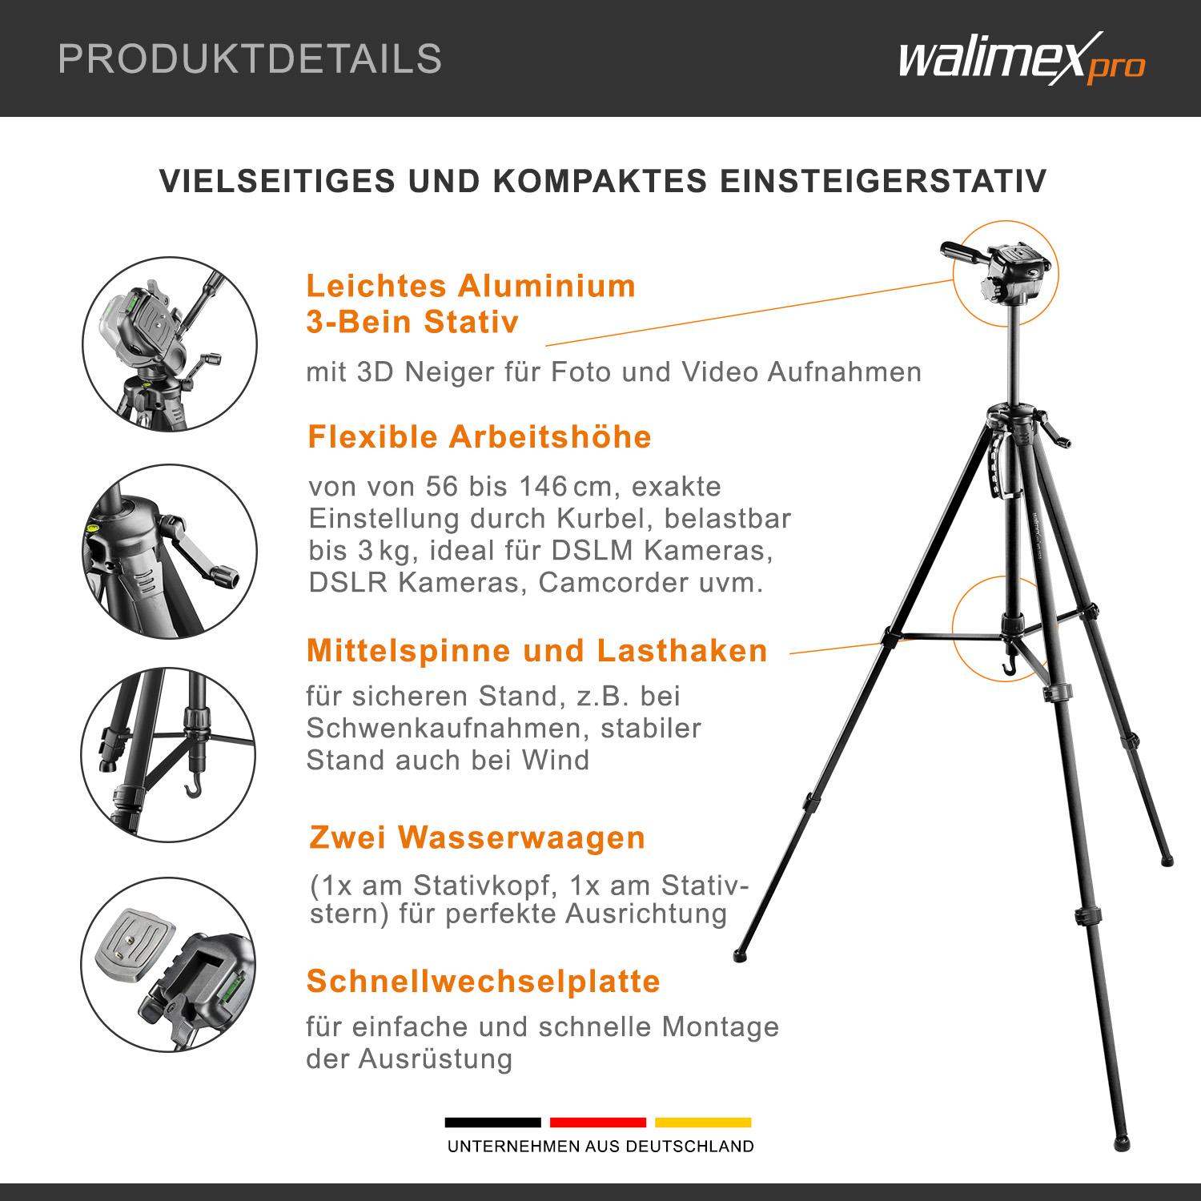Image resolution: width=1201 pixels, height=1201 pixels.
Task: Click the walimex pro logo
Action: point(1021,61)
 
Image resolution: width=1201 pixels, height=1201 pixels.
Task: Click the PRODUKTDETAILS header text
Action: point(250,59)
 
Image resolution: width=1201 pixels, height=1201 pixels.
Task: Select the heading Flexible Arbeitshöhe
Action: point(480,437)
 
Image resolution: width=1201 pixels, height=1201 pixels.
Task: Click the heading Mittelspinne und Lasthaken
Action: point(536,650)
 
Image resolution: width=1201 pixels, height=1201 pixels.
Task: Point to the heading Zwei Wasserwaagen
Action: point(477,837)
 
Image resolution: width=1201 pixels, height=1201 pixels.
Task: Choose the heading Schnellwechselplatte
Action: point(484,981)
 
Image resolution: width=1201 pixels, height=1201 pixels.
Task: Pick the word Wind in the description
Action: point(556,760)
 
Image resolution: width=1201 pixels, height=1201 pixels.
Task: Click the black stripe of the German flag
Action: point(492,1122)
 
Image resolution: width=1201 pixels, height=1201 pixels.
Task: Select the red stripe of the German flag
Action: point(597,1122)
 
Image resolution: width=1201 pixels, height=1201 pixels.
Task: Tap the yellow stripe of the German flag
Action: point(703,1122)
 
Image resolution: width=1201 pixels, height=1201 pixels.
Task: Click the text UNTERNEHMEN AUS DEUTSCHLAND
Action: point(600,1147)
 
